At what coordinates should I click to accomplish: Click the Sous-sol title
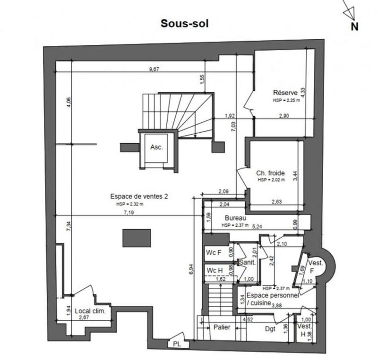click(184, 23)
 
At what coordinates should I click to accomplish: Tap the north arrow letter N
click(354, 27)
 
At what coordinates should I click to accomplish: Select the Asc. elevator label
click(156, 147)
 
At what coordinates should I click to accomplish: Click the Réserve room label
click(285, 93)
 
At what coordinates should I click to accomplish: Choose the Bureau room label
click(234, 219)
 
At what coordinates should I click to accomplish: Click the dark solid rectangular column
click(137, 238)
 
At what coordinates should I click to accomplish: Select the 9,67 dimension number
click(154, 69)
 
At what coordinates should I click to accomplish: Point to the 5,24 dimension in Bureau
click(258, 226)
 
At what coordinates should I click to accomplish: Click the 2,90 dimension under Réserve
click(284, 116)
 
